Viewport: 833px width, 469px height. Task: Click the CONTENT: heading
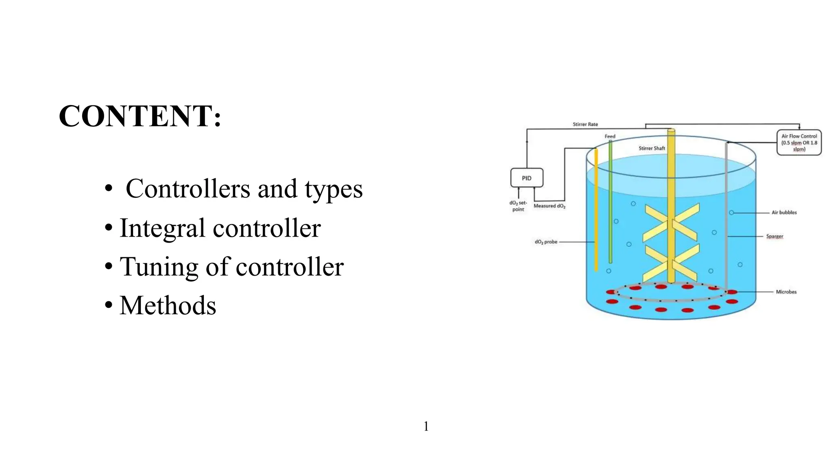click(x=140, y=116)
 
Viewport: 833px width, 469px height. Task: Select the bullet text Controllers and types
click(x=244, y=189)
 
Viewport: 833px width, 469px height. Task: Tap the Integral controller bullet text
click(x=220, y=228)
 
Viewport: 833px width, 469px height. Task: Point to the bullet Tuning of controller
click(x=231, y=267)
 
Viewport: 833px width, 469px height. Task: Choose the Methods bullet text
click(x=168, y=306)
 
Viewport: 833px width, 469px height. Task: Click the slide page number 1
click(x=426, y=426)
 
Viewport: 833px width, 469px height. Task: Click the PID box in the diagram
click(x=527, y=178)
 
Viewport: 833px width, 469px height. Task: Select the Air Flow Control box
click(x=799, y=142)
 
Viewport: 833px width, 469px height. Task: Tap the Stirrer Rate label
click(x=585, y=124)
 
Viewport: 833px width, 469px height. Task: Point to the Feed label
click(x=610, y=136)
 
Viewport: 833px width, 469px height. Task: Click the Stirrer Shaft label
click(x=652, y=148)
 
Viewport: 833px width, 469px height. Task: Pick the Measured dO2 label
click(x=550, y=206)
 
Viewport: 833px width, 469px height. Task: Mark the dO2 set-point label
click(x=518, y=206)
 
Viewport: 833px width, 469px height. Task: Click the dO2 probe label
click(x=546, y=242)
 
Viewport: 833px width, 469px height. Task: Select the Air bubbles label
click(x=784, y=213)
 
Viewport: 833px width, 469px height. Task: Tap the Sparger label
click(x=774, y=236)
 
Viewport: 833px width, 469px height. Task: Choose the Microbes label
click(x=786, y=292)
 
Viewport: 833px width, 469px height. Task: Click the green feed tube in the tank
click(x=610, y=204)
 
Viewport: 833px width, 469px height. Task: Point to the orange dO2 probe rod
click(x=596, y=212)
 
